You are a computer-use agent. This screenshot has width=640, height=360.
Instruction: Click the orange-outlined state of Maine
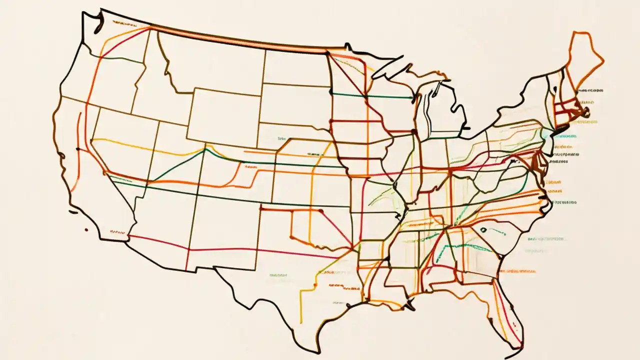tap(582, 55)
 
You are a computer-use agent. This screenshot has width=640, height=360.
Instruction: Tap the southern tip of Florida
tap(520, 345)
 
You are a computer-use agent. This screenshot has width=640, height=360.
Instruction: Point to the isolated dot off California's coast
tap(86, 230)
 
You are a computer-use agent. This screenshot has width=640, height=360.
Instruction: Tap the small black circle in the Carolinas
tap(483, 229)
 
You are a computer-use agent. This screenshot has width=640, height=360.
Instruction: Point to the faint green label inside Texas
tap(278, 274)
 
